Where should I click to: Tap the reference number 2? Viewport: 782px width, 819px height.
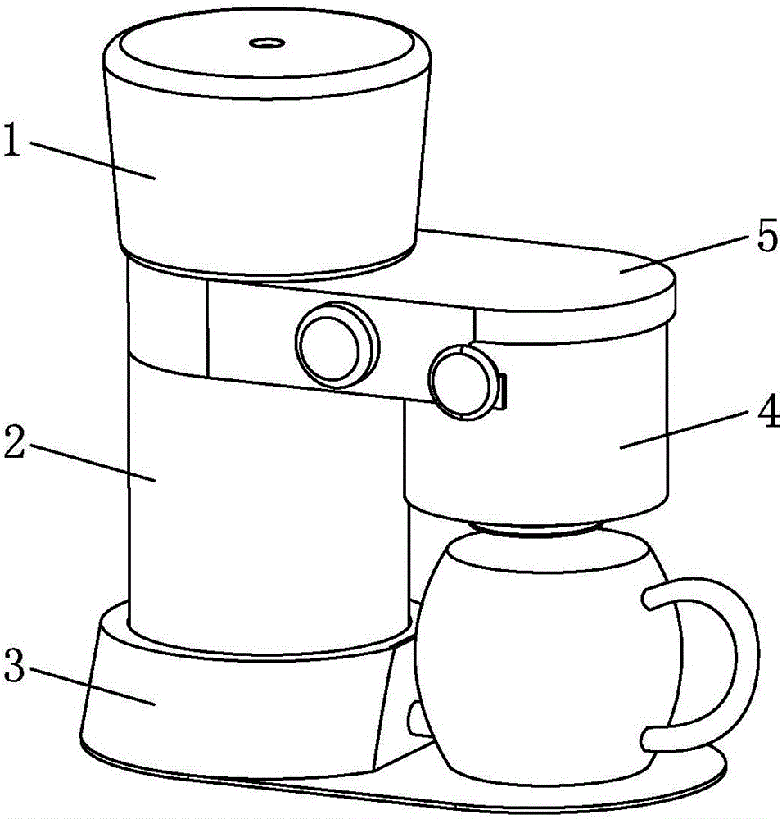click(x=14, y=441)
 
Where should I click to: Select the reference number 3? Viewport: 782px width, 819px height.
click(x=14, y=665)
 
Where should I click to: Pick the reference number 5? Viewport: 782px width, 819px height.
click(x=767, y=236)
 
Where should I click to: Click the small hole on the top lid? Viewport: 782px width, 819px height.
click(x=266, y=43)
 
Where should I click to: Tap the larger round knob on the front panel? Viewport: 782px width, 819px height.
click(x=337, y=346)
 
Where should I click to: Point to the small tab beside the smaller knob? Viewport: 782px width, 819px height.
click(x=503, y=391)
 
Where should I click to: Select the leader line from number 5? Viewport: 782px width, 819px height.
click(x=685, y=253)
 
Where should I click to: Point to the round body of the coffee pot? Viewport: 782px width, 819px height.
click(x=549, y=663)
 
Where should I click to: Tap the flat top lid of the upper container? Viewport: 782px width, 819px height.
click(x=268, y=50)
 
